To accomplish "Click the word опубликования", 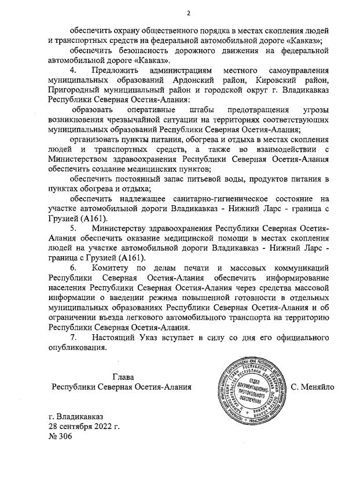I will coord(78,348).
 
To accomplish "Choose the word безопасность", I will coord(141,50).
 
